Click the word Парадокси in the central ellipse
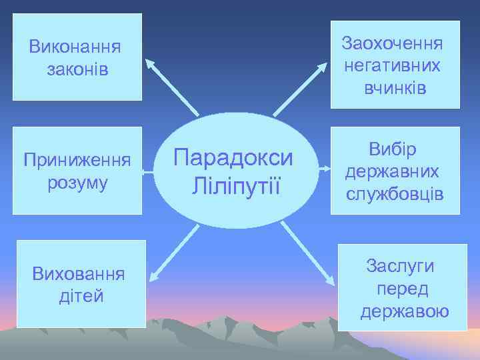tap(233, 158)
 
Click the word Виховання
tap(80, 273)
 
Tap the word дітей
tap(81, 295)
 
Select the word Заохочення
tap(392, 43)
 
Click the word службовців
tap(395, 194)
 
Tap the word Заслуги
tap(400, 266)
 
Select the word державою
tap(405, 311)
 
